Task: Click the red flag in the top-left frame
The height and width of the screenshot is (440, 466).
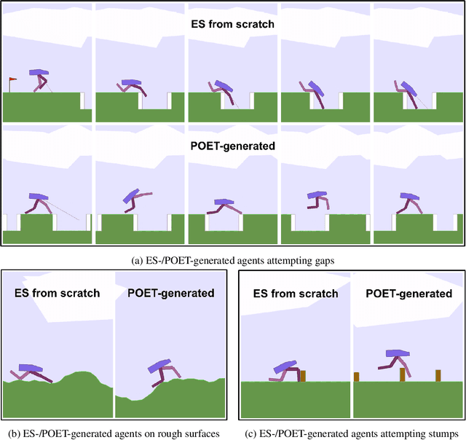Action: pyautogui.click(x=12, y=80)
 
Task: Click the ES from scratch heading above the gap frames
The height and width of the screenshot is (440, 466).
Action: pyautogui.click(x=233, y=23)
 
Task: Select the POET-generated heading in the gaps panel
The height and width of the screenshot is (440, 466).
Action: pyautogui.click(x=233, y=146)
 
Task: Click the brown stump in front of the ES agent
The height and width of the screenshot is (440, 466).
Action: pyautogui.click(x=303, y=376)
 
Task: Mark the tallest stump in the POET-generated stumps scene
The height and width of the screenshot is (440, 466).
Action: pyautogui.click(x=402, y=374)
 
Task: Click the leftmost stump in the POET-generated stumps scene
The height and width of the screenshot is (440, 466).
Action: pyautogui.click(x=357, y=377)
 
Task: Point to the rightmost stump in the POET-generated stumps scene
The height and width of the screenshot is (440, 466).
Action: pyautogui.click(x=438, y=375)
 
